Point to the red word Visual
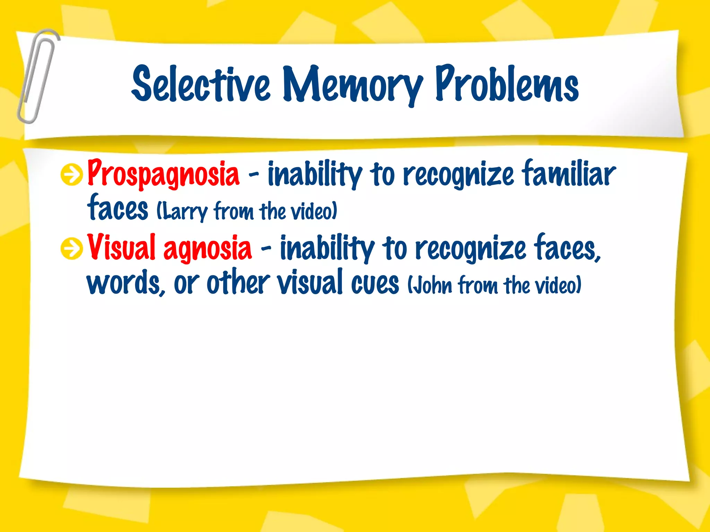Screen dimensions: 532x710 [x=121, y=247]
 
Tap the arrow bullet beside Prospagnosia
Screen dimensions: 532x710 [x=71, y=175]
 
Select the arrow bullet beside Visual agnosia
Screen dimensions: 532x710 [x=71, y=249]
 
